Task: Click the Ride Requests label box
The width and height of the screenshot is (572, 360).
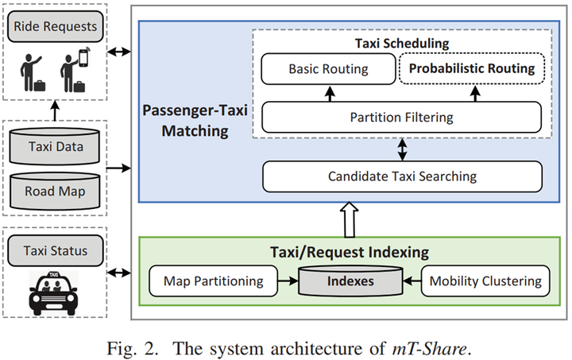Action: pyautogui.click(x=54, y=27)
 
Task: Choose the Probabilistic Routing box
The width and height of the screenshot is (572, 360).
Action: pyautogui.click(x=471, y=68)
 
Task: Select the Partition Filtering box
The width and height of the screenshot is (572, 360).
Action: pyautogui.click(x=401, y=118)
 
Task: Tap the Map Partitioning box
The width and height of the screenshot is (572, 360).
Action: pyautogui.click(x=212, y=281)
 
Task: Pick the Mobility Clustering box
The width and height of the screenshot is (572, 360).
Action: pyautogui.click(x=485, y=281)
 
